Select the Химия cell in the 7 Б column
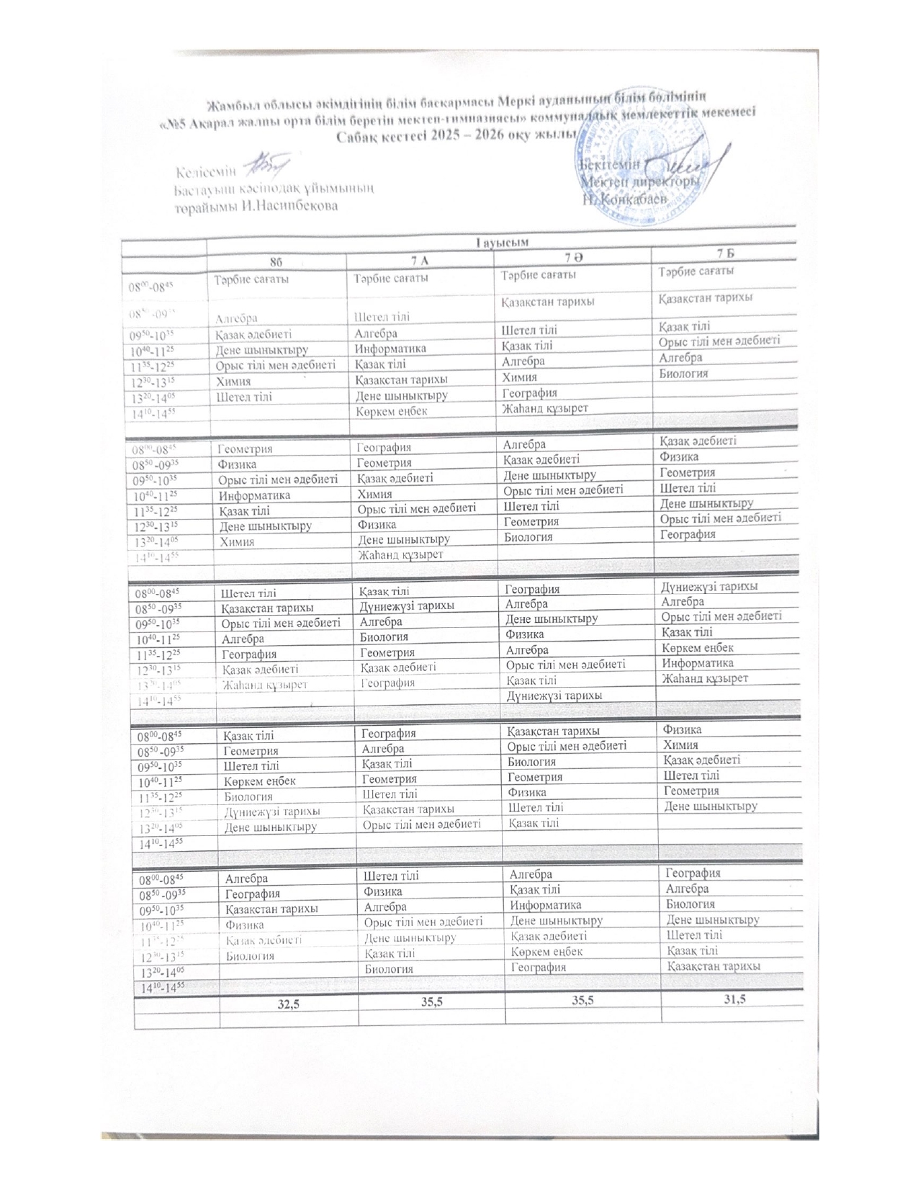pos(679,744)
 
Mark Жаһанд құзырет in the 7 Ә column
pos(544,408)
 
